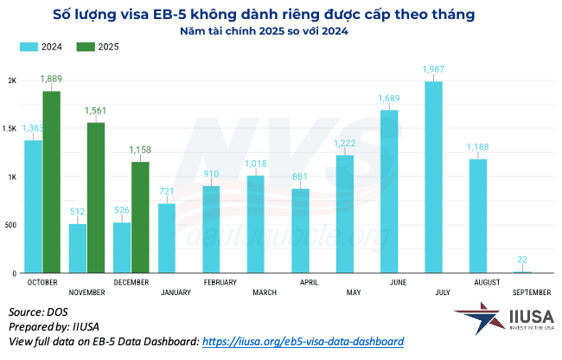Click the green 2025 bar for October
point(52,182)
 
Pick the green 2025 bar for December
point(140,217)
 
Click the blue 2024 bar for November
point(78,248)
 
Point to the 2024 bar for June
point(389,191)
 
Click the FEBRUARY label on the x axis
point(220,283)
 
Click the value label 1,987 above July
point(433,68)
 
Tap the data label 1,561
point(97,110)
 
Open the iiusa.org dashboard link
point(303,341)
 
